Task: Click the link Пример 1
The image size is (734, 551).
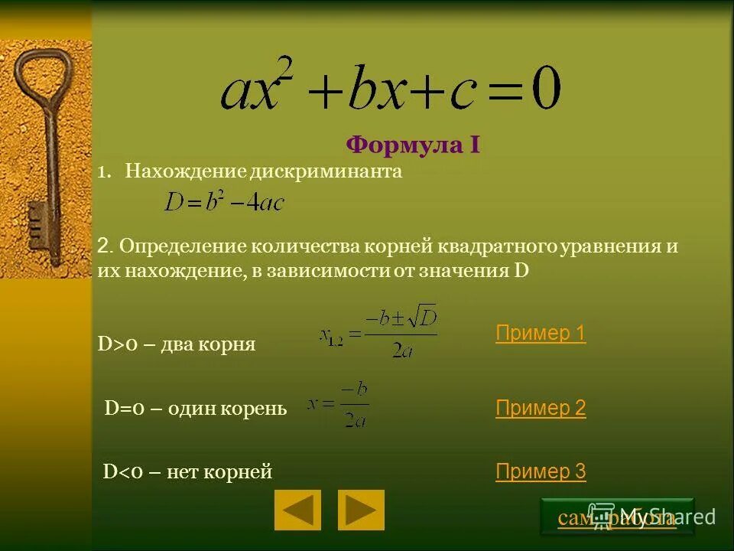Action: pyautogui.click(x=541, y=334)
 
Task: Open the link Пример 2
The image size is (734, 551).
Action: pyautogui.click(x=541, y=409)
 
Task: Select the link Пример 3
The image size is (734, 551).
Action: pyautogui.click(x=541, y=472)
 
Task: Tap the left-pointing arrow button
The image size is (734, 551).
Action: pyautogui.click(x=297, y=510)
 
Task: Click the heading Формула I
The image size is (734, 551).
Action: pyautogui.click(x=413, y=145)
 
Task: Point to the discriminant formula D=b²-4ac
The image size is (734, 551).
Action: pyautogui.click(x=223, y=201)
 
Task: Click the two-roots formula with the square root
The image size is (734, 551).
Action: pyautogui.click(x=379, y=334)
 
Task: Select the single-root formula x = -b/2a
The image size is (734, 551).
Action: pyautogui.click(x=339, y=406)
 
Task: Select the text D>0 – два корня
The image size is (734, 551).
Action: pyautogui.click(x=177, y=345)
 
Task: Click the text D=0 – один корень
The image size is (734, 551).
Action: pyautogui.click(x=195, y=409)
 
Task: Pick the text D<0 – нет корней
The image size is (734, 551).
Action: pyautogui.click(x=187, y=472)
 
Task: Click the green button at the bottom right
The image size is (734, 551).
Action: pyautogui.click(x=617, y=517)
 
